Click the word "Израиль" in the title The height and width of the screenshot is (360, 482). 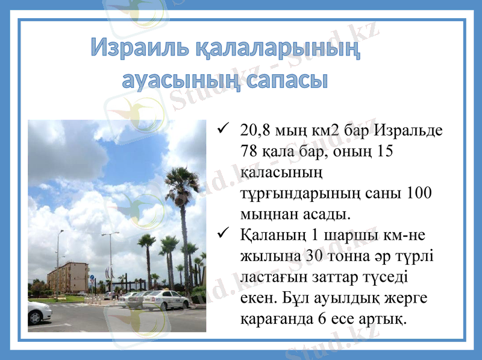140,49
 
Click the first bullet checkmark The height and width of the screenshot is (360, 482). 222,128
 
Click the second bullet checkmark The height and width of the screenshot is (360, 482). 222,233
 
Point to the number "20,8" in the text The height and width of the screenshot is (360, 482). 255,130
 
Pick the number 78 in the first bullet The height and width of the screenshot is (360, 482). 248,151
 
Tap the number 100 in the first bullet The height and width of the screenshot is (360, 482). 420,193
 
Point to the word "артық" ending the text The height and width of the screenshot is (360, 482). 383,318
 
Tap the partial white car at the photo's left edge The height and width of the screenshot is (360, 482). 39,312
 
